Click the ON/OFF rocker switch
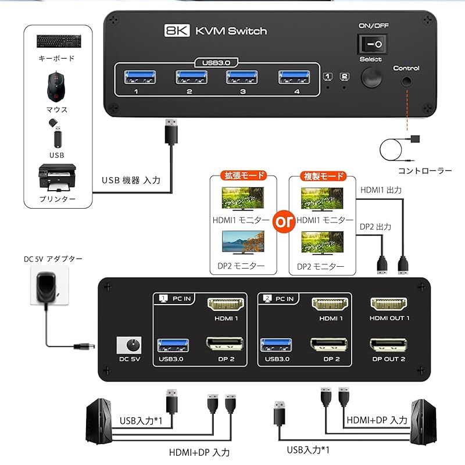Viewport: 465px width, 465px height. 372,44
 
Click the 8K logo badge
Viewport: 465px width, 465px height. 178,30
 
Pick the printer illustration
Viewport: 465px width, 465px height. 56,178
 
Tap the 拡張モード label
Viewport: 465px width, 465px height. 244,176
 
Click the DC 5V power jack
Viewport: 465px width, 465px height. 130,346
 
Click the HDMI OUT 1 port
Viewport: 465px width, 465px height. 389,305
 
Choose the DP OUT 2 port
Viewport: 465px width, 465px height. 389,345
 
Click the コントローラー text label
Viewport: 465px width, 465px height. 425,170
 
